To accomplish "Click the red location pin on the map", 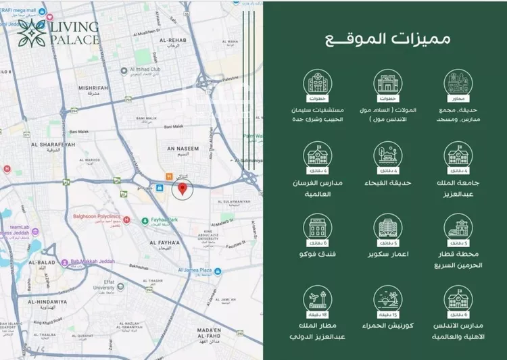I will pyautogui.click(x=182, y=188).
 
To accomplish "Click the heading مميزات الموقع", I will pyautogui.click(x=385, y=38).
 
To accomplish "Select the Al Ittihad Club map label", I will pyautogui.click(x=159, y=70).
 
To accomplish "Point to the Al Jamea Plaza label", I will pyautogui.click(x=196, y=269).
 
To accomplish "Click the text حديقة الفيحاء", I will pyautogui.click(x=388, y=182).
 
